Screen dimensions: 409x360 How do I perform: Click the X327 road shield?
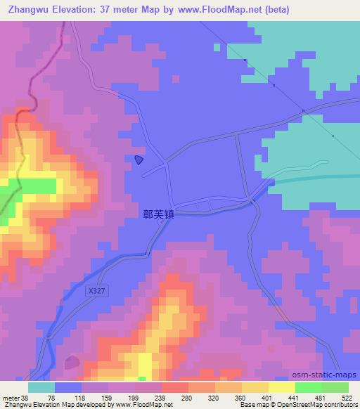98,290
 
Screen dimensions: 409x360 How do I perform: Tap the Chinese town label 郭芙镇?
158,218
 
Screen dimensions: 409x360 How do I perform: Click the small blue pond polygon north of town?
139,160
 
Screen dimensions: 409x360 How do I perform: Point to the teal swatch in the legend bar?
41,387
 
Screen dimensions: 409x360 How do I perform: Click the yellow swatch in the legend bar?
281,387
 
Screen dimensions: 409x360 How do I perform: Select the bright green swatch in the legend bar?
308,387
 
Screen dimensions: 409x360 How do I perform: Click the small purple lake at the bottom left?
71,362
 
